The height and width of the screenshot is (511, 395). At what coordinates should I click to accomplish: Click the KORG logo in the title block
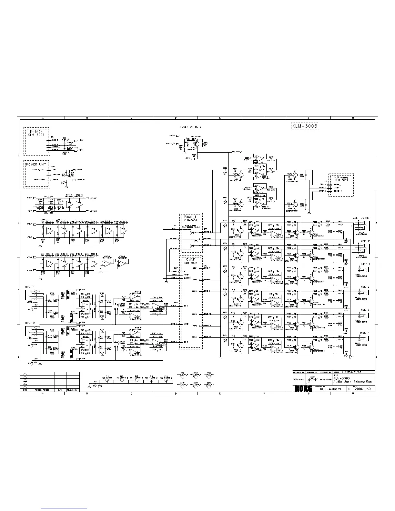click(303, 389)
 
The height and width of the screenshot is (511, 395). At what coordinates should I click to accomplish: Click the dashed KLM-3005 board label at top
click(303, 126)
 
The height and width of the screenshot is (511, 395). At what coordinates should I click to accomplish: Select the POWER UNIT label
click(36, 164)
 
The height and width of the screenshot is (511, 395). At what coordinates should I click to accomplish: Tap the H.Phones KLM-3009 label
click(341, 179)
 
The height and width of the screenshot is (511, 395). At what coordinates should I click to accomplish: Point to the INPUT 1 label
click(30, 287)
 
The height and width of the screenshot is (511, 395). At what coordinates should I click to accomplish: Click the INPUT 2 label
click(30, 323)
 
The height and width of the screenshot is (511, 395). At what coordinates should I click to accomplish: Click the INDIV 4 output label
click(365, 333)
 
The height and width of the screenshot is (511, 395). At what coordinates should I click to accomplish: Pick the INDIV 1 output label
click(365, 264)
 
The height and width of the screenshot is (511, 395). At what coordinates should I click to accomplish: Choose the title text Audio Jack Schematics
click(352, 382)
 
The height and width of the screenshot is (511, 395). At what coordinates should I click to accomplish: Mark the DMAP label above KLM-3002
click(191, 259)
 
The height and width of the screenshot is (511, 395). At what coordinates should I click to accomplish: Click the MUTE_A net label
click(239, 151)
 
